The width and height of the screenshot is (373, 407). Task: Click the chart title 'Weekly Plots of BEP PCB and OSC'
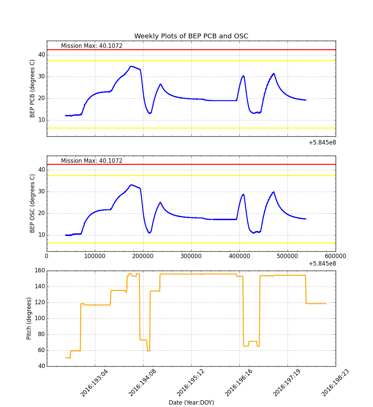(191, 36)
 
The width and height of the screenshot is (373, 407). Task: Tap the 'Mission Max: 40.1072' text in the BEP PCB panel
(92, 46)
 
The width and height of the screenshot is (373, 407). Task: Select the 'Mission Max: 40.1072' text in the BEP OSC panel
(92, 161)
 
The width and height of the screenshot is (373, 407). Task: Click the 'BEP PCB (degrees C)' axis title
(33, 89)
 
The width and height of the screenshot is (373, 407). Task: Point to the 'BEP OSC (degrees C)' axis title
(33, 203)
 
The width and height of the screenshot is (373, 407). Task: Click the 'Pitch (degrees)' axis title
(29, 318)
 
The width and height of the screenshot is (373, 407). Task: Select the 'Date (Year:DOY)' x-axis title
(191, 403)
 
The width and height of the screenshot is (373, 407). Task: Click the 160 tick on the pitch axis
(40, 271)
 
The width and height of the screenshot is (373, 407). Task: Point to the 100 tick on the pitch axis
(40, 318)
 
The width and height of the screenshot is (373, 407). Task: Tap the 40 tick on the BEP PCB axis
(41, 55)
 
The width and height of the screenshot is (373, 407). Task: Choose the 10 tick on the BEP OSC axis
(41, 235)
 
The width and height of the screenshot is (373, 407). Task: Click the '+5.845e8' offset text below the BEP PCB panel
(322, 143)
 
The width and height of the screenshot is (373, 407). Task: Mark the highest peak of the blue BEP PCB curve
(131, 66)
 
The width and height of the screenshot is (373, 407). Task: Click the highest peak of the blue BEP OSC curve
(131, 185)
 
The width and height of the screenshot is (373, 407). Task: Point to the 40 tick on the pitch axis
(41, 366)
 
